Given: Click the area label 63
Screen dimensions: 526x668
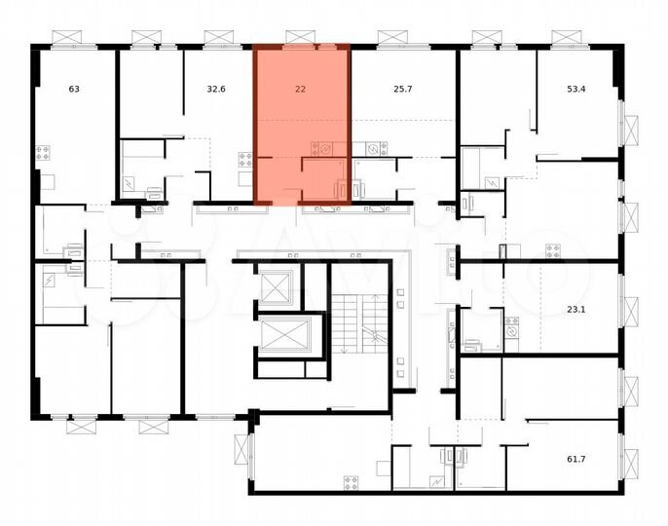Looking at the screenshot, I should [74, 90].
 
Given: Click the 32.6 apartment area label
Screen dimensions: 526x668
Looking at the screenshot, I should [216, 90].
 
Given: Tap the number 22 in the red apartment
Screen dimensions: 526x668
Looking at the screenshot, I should [300, 90].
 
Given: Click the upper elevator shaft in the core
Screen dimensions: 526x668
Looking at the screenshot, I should [278, 286].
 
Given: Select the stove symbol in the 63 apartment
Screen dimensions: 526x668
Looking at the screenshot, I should [43, 153].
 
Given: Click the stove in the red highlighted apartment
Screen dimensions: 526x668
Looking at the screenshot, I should [322, 149].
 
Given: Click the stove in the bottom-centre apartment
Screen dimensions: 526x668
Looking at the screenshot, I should [351, 481].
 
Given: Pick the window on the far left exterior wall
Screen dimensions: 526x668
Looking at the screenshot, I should [36, 181].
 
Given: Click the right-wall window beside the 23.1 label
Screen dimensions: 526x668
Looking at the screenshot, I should [629, 312].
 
